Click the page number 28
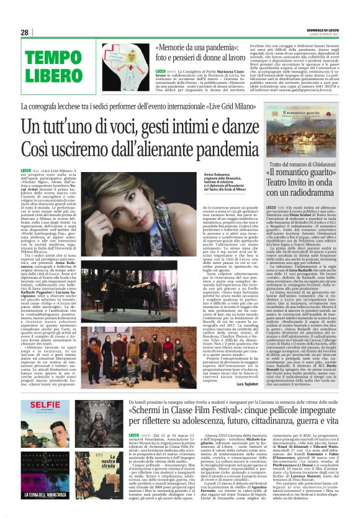point(24,32)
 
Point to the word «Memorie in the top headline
point(172,47)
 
